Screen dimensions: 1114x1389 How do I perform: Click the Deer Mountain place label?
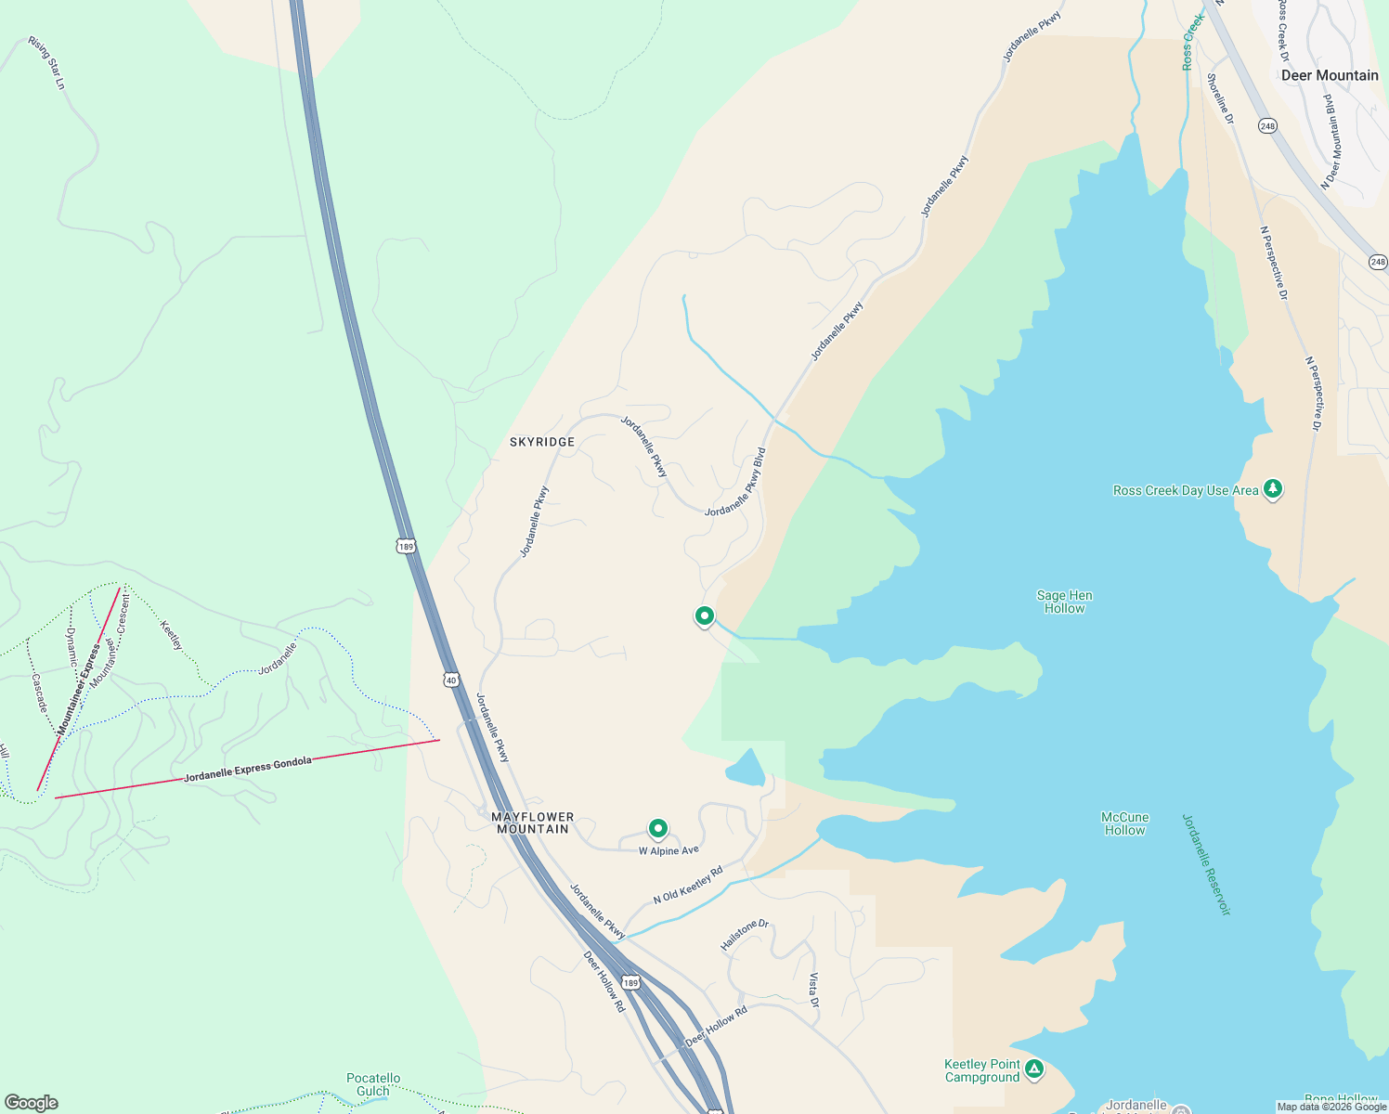pyautogui.click(x=1330, y=75)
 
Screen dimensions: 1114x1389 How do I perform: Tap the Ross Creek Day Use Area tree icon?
pyautogui.click(x=1273, y=488)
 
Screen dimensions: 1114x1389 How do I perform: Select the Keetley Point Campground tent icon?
pyautogui.click(x=1034, y=1069)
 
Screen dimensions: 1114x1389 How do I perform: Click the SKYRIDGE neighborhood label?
pyautogui.click(x=542, y=442)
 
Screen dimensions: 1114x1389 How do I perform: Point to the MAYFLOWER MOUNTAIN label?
pyautogui.click(x=533, y=823)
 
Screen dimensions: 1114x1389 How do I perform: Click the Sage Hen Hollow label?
pyautogui.click(x=1064, y=602)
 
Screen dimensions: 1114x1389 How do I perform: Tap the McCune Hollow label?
pyautogui.click(x=1125, y=823)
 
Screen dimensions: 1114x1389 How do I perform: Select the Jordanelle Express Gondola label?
pyautogui.click(x=248, y=769)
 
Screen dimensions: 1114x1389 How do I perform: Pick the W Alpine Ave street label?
pyautogui.click(x=669, y=850)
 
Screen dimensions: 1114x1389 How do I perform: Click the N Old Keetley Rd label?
pyautogui.click(x=688, y=886)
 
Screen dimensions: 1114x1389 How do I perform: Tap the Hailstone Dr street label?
pyautogui.click(x=745, y=935)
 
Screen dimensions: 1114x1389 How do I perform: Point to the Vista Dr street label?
pyautogui.click(x=813, y=991)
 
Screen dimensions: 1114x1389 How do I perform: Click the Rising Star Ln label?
pyautogui.click(x=47, y=63)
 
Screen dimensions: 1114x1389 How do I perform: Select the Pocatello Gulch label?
pyautogui.click(x=373, y=1084)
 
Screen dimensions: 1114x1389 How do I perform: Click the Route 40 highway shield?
pyautogui.click(x=451, y=680)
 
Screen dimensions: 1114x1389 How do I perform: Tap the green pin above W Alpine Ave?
pyautogui.click(x=657, y=827)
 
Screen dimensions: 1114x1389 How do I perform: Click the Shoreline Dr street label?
pyautogui.click(x=1220, y=98)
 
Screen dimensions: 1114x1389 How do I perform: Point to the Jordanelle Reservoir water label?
pyautogui.click(x=1206, y=865)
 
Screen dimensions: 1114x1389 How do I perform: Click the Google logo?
pyautogui.click(x=32, y=1103)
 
